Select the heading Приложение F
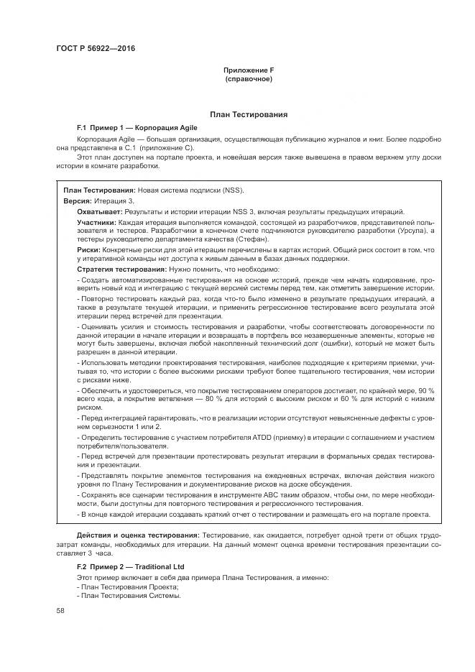click(x=249, y=70)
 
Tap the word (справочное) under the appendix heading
click(x=249, y=78)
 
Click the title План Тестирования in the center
click(x=249, y=114)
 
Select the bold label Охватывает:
click(x=100, y=212)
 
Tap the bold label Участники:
click(x=97, y=223)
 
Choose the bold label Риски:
click(x=88, y=249)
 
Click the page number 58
click(x=60, y=610)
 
